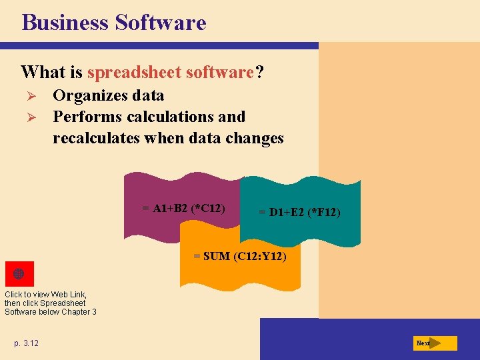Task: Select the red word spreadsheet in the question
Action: coord(135,71)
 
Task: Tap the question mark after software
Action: coord(259,71)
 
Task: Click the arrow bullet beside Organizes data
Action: coord(29,95)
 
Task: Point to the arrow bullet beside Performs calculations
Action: coord(29,117)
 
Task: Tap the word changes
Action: coord(255,138)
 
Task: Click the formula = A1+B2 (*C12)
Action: coord(183,208)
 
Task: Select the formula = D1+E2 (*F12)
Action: coord(299,213)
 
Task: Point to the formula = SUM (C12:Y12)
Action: coord(240,255)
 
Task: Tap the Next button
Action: coord(434,343)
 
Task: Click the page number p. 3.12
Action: coord(26,343)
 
